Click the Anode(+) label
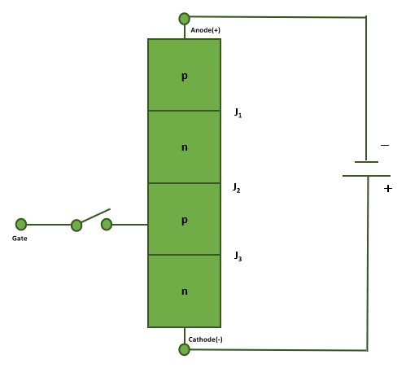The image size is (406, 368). pos(205,30)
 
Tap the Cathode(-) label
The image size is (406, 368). pos(205,340)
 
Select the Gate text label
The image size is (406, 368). pos(20,239)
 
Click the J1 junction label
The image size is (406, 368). pos(238,112)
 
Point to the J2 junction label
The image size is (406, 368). pos(237,188)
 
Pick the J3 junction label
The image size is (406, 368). pos(238,256)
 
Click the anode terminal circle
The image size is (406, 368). pos(185,19)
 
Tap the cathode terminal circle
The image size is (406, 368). pos(185,349)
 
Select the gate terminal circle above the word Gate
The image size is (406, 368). pos(21,225)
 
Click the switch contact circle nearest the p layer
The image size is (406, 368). pos(107,225)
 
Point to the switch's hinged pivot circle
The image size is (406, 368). pos(76,226)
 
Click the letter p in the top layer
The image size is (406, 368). pos(185,77)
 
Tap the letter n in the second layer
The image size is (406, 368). pos(185,147)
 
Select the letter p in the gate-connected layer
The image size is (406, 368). pos(185,221)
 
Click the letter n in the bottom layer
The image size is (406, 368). pos(185,291)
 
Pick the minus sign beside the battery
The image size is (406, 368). pos(385,146)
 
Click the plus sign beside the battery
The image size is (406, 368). pos(388,188)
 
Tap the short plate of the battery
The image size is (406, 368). pos(366,162)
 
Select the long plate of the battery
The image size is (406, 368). pos(366,176)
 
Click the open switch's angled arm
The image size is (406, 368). pos(96,216)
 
